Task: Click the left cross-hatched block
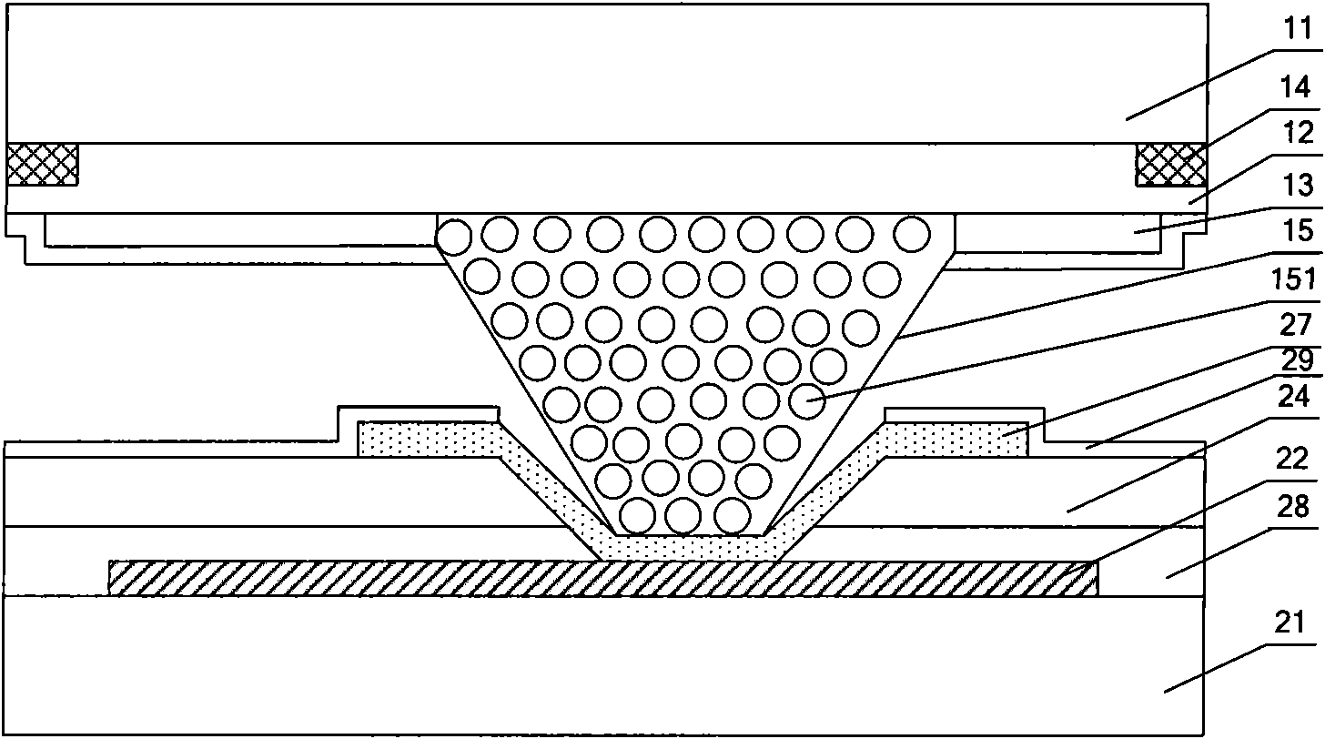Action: pos(43,164)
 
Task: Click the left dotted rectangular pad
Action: pos(428,438)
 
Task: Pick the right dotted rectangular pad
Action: pos(956,438)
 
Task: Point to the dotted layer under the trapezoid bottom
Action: pos(690,545)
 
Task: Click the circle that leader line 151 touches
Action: pos(806,400)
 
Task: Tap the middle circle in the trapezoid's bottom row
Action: pos(682,516)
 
